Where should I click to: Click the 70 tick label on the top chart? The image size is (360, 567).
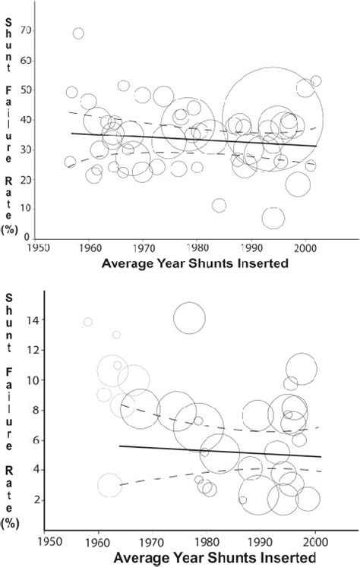30,30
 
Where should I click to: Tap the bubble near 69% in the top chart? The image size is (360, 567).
78,33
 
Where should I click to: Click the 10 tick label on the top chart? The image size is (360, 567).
30,209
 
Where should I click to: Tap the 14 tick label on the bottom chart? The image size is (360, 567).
27,320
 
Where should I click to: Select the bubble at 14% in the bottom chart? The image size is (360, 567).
189,318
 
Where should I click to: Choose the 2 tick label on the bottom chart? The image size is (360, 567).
30,499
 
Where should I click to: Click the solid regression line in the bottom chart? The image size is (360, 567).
220,451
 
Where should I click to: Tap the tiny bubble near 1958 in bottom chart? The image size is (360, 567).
88,323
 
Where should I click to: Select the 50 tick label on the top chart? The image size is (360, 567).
30,90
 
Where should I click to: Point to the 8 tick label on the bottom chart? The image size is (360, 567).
30,410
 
